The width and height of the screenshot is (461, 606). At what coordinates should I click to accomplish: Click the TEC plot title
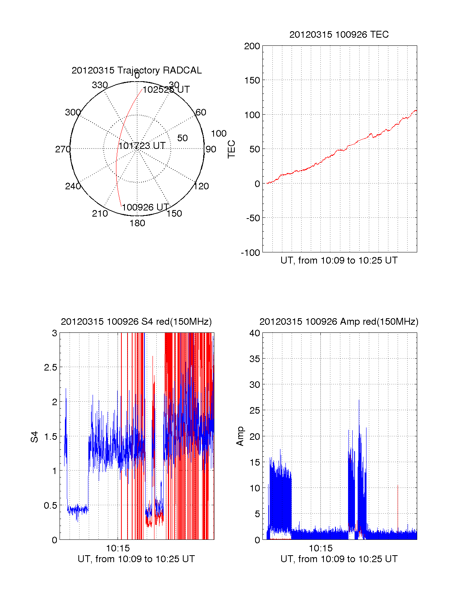(339, 35)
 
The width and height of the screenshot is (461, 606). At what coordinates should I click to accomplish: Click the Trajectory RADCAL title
(136, 70)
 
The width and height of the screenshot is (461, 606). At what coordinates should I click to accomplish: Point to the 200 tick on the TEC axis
(252, 46)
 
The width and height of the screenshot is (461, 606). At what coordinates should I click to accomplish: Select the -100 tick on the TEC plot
(250, 253)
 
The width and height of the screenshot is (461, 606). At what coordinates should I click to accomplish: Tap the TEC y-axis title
(231, 149)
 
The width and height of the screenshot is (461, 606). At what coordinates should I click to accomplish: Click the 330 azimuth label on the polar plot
(100, 85)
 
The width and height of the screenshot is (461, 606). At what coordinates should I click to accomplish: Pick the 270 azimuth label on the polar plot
(63, 149)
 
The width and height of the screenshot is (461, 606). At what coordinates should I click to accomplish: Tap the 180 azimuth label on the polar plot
(137, 223)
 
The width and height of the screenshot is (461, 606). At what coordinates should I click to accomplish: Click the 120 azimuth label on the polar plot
(201, 186)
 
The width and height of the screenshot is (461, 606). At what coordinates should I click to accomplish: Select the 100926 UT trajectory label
(146, 207)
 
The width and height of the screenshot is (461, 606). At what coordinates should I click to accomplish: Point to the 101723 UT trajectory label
(142, 146)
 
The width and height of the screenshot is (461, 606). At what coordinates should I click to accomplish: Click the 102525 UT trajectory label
(166, 90)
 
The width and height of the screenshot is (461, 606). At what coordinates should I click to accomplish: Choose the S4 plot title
(136, 322)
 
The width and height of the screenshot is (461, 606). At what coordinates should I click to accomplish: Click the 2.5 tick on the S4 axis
(51, 367)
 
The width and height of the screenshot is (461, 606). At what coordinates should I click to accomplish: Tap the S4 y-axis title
(35, 437)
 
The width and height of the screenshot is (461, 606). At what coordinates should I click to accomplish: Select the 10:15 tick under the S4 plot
(118, 548)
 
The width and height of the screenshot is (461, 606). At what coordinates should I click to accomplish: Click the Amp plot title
(339, 322)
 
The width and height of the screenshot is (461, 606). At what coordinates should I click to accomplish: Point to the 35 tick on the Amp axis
(255, 359)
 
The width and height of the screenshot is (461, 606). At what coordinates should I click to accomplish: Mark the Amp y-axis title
(240, 436)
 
